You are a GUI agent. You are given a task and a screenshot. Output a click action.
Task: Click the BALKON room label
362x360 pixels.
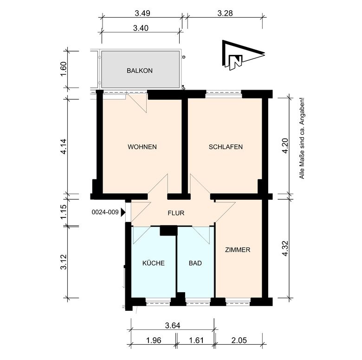[140, 71]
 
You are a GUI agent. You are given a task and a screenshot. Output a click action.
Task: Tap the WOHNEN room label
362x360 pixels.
[142, 147]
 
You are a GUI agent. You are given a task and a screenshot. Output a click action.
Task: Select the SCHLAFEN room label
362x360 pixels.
[226, 147]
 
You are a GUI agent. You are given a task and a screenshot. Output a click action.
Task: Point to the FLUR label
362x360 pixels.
[176, 213]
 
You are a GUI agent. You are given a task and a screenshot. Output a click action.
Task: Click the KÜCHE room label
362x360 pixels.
[154, 263]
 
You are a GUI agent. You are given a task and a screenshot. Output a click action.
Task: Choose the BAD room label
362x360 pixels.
[195, 263]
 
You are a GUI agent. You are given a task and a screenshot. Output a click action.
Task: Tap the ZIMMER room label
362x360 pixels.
[238, 250]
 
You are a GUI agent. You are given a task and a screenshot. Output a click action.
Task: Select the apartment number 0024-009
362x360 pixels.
[105, 212]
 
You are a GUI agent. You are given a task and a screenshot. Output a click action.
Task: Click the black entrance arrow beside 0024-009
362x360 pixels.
[123, 212]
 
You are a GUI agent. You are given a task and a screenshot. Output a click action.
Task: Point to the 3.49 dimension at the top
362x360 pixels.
[142, 13]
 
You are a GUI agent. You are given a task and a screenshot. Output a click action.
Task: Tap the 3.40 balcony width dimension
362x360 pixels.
[141, 28]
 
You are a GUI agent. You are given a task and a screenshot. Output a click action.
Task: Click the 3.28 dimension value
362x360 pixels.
[225, 13]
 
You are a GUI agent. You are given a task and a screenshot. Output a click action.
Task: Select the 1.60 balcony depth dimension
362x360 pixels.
[64, 69]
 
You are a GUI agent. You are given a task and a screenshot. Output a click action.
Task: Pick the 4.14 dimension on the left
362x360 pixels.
[64, 146]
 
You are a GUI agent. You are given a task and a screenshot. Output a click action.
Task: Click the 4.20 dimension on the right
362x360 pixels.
[285, 146]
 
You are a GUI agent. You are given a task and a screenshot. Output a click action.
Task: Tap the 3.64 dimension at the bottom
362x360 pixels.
[173, 325]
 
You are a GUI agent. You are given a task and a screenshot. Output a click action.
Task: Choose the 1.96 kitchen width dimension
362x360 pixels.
[154, 340]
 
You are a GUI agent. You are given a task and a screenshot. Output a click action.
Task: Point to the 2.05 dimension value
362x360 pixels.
[239, 340]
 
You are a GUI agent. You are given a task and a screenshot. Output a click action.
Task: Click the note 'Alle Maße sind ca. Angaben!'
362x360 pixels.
[302, 138]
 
